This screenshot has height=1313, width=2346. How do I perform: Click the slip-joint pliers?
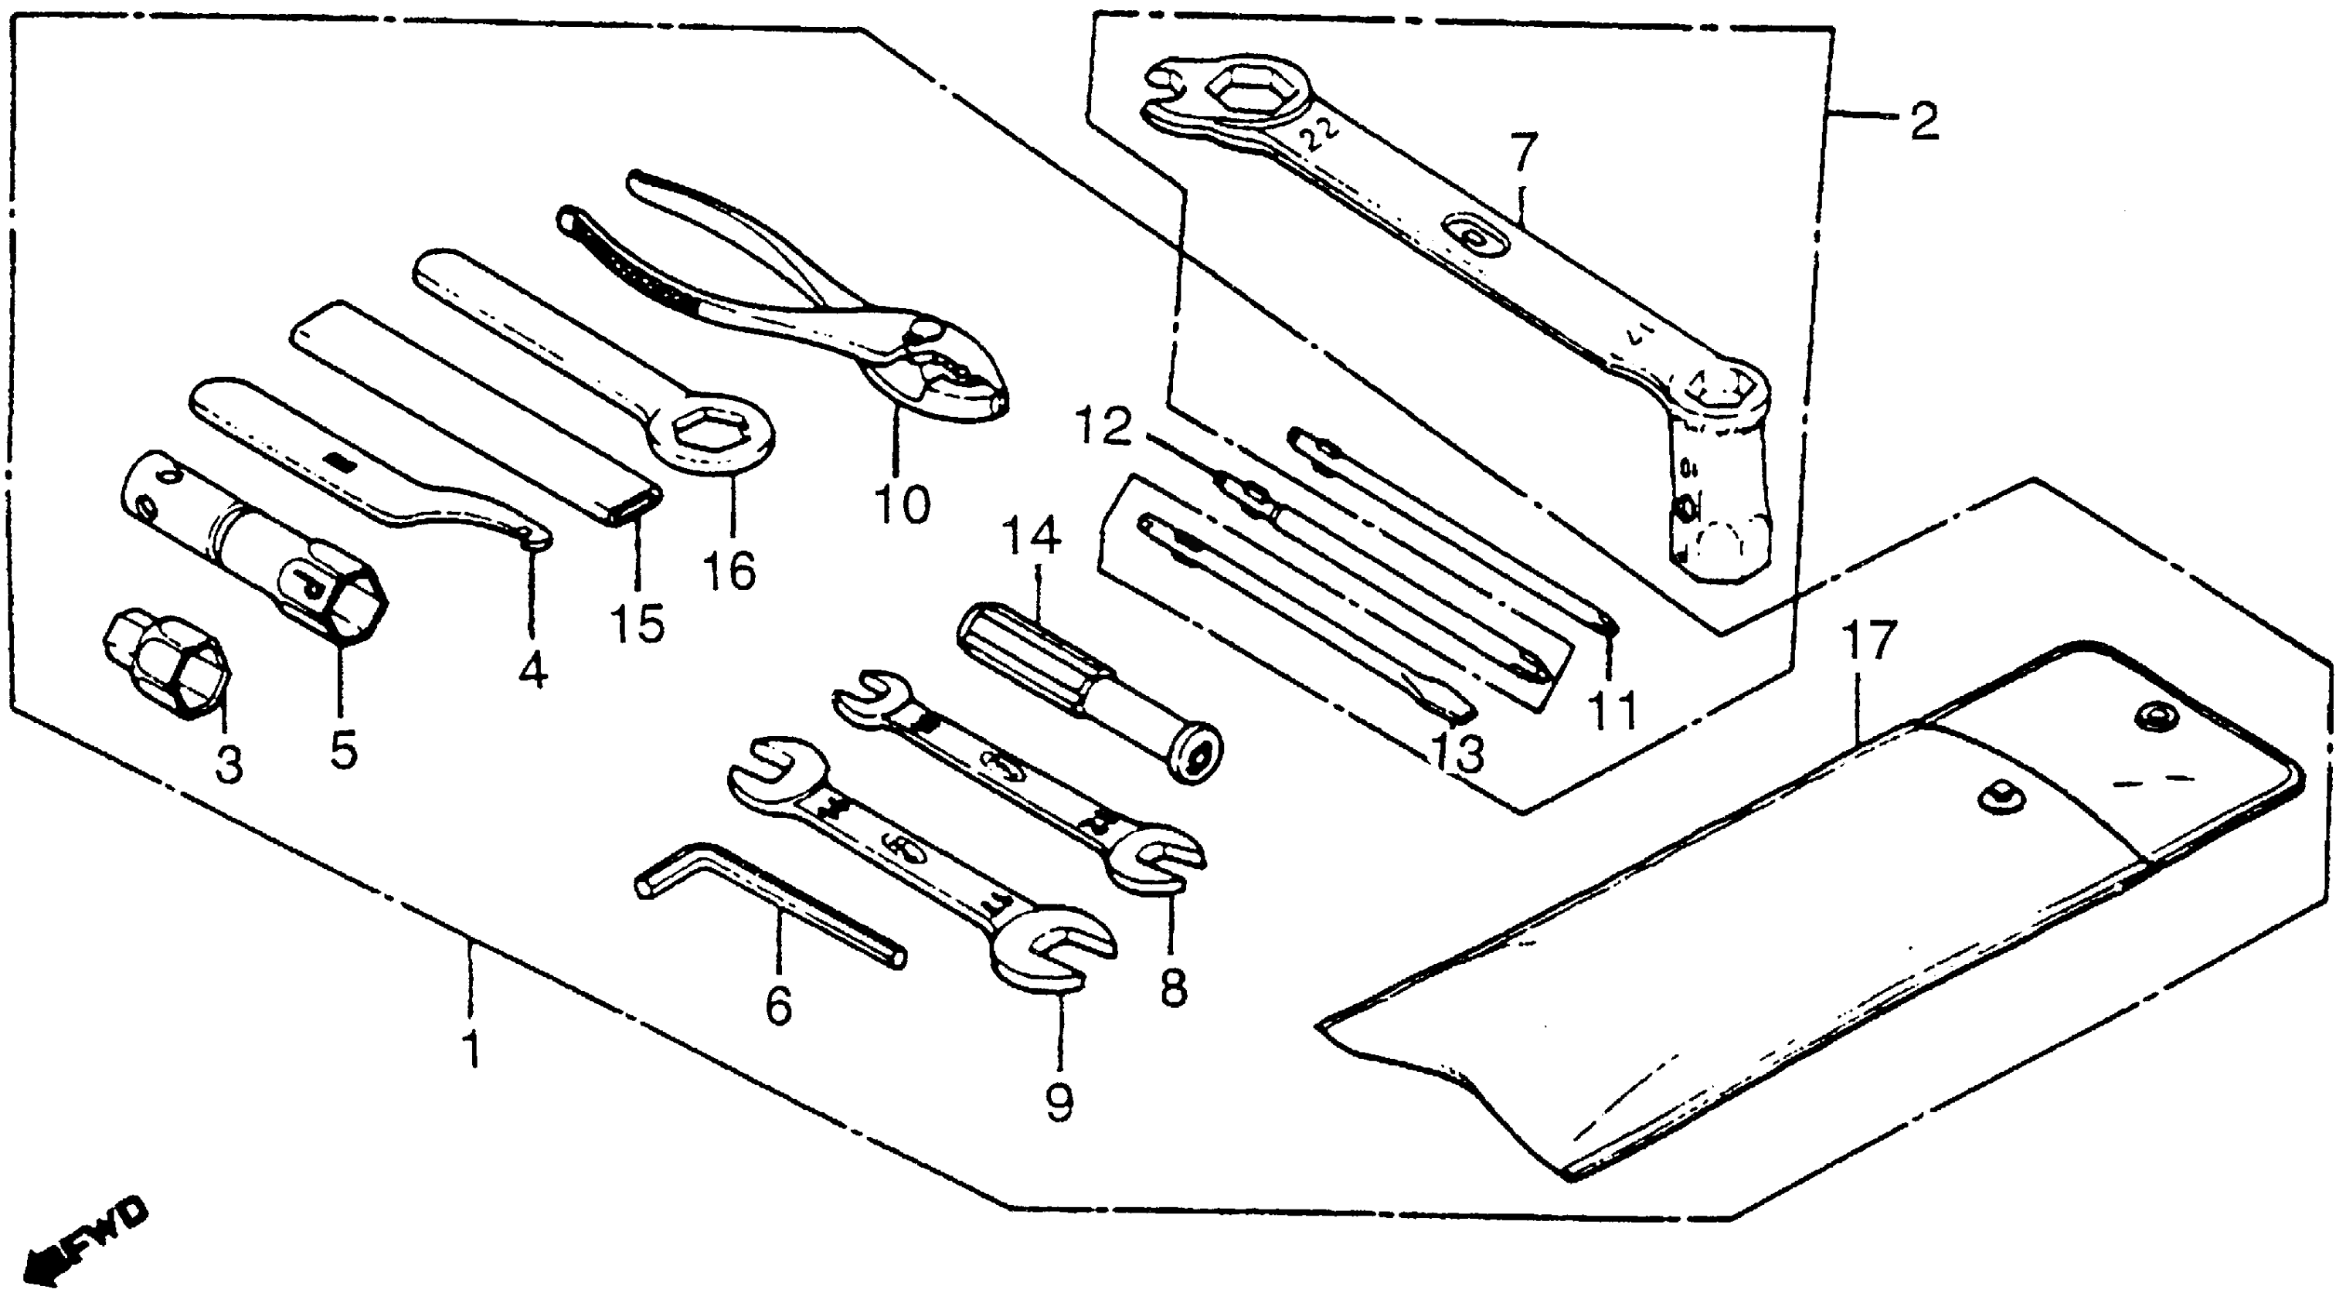pos(820,300)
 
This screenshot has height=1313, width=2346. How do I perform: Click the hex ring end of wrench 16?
pos(714,432)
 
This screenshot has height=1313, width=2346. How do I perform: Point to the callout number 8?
pos(1174,988)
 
